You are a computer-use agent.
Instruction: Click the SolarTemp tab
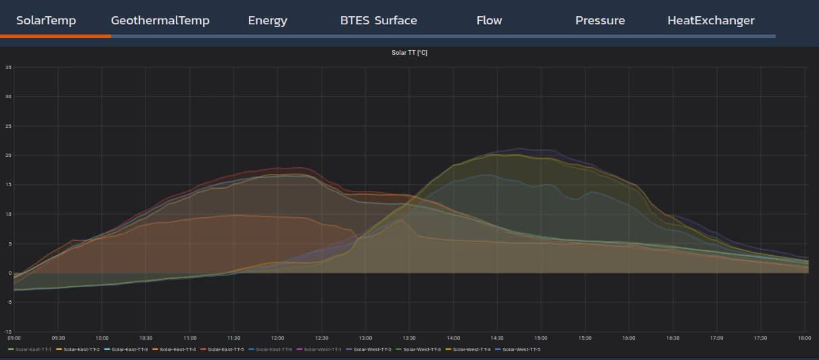point(46,20)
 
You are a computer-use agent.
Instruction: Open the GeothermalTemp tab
point(160,20)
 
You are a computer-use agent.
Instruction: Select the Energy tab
point(268,20)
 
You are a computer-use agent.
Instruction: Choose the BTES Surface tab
point(379,20)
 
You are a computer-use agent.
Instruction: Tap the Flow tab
point(489,20)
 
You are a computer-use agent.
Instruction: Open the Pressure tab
point(600,20)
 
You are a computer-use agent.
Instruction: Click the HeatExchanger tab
point(711,20)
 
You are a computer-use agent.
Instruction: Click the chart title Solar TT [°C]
point(409,53)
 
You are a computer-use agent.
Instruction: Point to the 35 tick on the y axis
point(8,67)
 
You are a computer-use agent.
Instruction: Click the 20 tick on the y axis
point(8,156)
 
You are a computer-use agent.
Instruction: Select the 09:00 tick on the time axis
point(14,337)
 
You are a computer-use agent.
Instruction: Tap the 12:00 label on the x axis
point(277,337)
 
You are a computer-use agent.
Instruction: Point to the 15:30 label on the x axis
point(585,337)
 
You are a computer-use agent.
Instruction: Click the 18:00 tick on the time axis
point(804,337)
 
